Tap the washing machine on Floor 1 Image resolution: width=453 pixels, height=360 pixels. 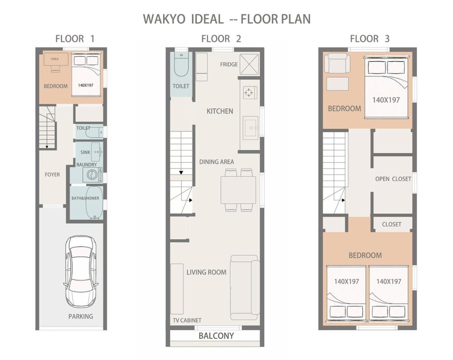[92, 175]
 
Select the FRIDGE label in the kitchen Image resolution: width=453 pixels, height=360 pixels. [229, 65]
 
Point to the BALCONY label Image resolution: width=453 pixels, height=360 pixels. [216, 336]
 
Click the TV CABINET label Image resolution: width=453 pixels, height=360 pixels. [187, 320]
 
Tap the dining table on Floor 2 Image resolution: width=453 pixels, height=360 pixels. [238, 190]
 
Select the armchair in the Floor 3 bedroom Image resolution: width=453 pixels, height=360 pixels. [337, 63]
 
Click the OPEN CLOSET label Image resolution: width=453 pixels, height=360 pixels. [393, 179]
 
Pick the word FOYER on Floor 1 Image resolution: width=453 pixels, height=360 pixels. [52, 175]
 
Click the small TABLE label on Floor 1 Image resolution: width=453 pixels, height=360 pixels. [55, 59]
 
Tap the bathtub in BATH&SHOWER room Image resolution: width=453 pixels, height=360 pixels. [94, 202]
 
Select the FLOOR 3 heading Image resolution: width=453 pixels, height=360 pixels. [370, 39]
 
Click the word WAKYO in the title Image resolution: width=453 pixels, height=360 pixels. [164, 19]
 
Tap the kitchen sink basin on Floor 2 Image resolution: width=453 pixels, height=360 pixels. [251, 128]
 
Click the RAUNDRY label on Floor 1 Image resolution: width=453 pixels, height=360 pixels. [86, 165]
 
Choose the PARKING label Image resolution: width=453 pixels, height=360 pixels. [81, 317]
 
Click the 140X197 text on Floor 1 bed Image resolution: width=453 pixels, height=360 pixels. [85, 85]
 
